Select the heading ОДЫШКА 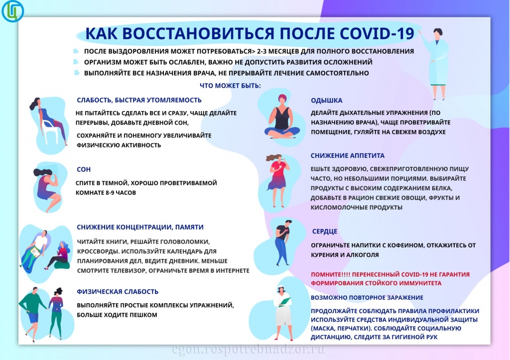pos(326,100)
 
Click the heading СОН pos(84,169)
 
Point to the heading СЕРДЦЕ pos(324,232)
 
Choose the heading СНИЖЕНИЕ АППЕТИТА pos(347,155)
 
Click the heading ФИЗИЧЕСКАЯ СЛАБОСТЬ pos(118,291)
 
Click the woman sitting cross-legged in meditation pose pos(281,117)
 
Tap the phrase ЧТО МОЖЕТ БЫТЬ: pos(230,86)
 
